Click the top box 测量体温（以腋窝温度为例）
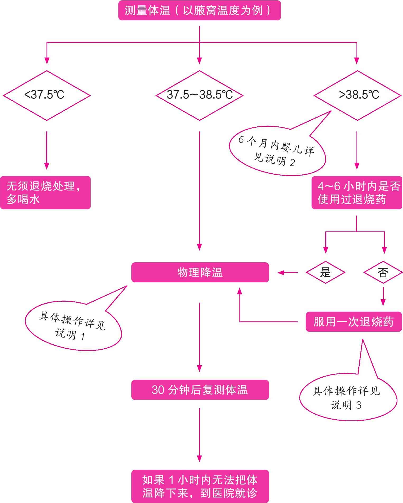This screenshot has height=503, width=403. (x=200, y=11)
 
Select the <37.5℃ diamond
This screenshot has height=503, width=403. (x=47, y=95)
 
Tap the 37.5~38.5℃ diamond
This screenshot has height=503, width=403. (x=200, y=95)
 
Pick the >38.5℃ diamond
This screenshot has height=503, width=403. (x=357, y=95)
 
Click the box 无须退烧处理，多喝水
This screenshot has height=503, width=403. (x=45, y=193)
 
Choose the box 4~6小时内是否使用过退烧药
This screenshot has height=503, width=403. (x=357, y=193)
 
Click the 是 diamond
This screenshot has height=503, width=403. (x=325, y=272)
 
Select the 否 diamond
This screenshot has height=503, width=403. (x=383, y=272)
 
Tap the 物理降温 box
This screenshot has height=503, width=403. (x=200, y=272)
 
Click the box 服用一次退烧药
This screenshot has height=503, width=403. (x=354, y=322)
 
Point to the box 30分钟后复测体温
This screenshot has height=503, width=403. (x=200, y=390)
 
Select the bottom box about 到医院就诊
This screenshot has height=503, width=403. (x=200, y=486)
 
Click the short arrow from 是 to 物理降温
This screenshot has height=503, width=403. (x=288, y=272)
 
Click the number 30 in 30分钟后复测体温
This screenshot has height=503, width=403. (x=158, y=390)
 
